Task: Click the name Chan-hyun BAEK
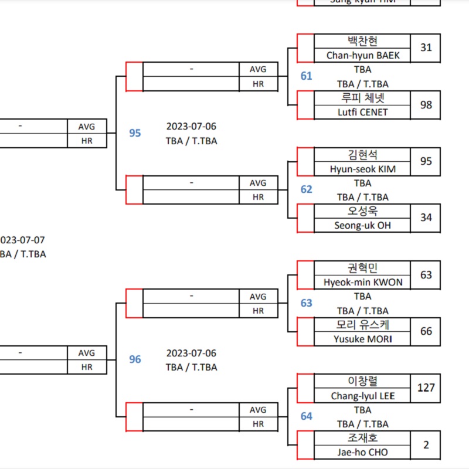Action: [362, 55]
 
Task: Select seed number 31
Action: [426, 47]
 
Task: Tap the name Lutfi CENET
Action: [362, 112]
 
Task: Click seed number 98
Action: [426, 104]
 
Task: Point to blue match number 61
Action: [307, 76]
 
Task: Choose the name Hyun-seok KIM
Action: [362, 169]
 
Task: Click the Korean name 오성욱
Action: [362, 211]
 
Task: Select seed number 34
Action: [426, 217]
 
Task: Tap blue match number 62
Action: [307, 189]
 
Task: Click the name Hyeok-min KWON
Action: [362, 282]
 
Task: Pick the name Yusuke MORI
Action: [362, 339]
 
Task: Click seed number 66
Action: [426, 331]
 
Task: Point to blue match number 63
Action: [307, 303]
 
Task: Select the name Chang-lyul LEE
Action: [362, 396]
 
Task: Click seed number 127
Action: [426, 388]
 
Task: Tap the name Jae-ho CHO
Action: [362, 452]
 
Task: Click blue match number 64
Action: [307, 416]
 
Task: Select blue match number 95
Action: [135, 133]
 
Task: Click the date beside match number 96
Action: [191, 353]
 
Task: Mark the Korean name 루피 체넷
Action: [362, 98]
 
